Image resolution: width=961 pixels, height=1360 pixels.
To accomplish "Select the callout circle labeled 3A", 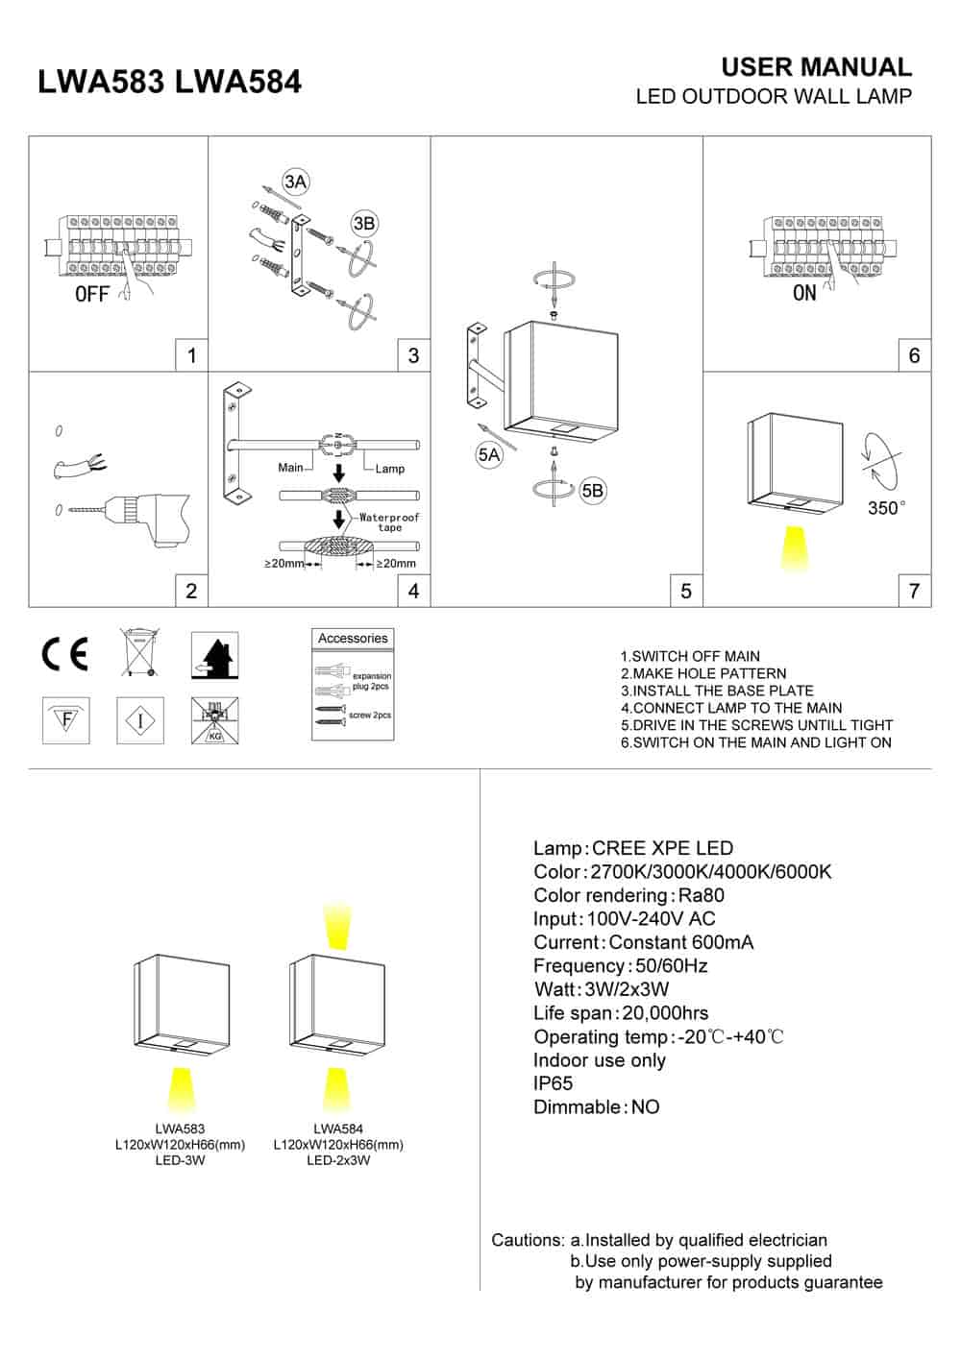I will point(295,182).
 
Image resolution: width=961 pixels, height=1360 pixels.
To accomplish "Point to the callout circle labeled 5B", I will point(593,491).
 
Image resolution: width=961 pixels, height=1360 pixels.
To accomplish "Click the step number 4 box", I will point(413,591).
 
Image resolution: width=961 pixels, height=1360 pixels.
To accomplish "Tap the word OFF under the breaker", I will point(92,294).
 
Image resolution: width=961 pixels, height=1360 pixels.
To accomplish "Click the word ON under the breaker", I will point(804,293).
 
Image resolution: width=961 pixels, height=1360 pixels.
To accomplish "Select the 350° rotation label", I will point(886,508).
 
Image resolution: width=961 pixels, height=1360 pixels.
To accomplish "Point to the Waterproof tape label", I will point(389,522).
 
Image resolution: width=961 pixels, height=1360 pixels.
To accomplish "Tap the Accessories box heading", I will point(353,639).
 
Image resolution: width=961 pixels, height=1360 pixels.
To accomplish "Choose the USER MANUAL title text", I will point(816,67).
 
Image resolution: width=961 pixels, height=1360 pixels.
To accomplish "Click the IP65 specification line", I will point(554,1083).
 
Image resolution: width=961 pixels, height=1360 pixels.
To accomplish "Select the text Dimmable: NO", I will point(596,1107).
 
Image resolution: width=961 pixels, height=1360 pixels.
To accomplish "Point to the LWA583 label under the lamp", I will point(180,1129).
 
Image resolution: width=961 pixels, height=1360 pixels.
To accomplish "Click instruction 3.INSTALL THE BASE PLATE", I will point(717,691).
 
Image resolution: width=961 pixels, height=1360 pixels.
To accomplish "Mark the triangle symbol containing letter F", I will point(66,718).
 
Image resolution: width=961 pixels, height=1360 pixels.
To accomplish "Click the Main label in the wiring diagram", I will point(290,468).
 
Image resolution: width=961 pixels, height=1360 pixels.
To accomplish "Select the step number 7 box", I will point(914,591).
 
